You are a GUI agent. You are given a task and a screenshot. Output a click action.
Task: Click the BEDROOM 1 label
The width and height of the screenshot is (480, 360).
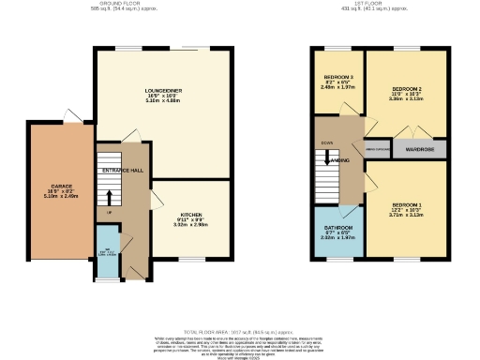tap(409, 204)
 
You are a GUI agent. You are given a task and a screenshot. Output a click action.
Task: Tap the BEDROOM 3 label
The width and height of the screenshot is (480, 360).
tap(338, 77)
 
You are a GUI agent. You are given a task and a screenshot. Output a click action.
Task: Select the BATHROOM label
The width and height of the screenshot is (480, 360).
tap(338, 228)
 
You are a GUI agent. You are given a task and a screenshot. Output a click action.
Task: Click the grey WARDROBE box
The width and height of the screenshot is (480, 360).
tap(419, 148)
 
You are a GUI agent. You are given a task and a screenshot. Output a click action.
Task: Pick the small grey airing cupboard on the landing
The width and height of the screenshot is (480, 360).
tap(377, 148)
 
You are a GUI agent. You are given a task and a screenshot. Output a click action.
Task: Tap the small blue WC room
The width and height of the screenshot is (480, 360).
tap(108, 250)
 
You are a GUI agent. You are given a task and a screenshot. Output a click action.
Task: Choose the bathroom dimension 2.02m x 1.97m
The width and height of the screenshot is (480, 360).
tap(338, 237)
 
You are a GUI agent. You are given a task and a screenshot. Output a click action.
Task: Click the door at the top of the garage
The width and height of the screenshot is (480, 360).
tap(70, 116)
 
